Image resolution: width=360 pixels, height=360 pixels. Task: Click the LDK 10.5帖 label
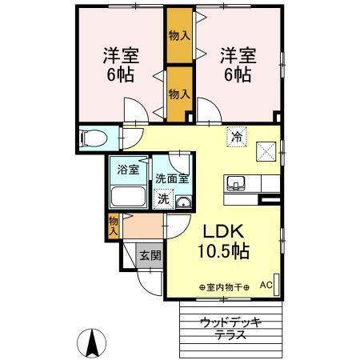click(x=223, y=241)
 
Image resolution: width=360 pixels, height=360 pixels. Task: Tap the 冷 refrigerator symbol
click(x=237, y=137)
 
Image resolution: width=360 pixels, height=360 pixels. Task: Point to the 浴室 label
click(x=128, y=170)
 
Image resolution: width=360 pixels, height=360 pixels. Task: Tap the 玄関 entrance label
click(x=150, y=257)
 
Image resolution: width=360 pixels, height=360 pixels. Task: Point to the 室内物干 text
click(x=223, y=286)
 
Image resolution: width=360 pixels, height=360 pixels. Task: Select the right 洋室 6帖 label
click(x=237, y=66)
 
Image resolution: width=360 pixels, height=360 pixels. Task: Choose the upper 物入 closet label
click(x=179, y=36)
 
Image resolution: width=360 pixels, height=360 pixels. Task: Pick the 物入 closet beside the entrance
click(x=114, y=226)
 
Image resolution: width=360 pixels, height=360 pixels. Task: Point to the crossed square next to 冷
click(x=266, y=150)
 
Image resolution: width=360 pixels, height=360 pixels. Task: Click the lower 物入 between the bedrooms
click(x=179, y=94)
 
